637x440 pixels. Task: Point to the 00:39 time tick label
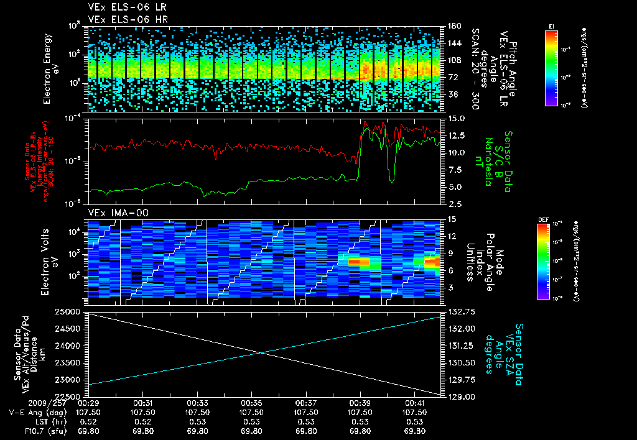[x=360, y=403]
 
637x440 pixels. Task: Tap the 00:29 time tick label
[x=90, y=403]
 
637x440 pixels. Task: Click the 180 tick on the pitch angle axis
[x=452, y=26]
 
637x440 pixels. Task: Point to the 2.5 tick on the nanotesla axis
[x=453, y=203]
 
